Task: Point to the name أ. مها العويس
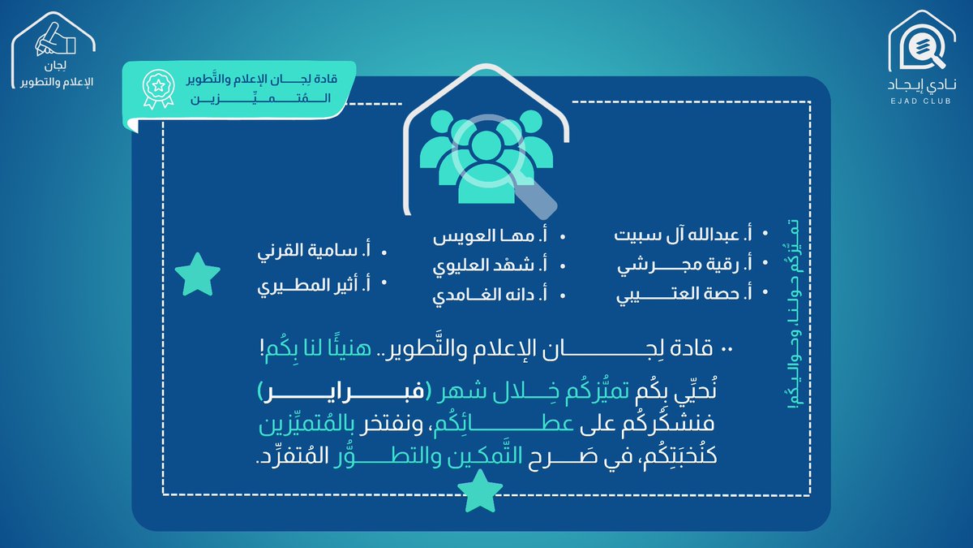click(x=492, y=236)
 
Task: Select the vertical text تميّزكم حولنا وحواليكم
click(x=792, y=317)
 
